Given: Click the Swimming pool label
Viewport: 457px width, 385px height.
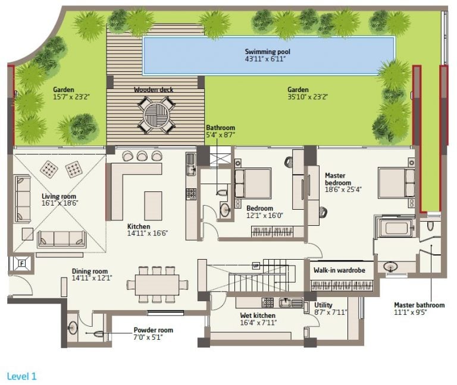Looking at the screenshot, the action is [x=268, y=52].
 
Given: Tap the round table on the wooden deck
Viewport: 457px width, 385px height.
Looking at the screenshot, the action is [x=156, y=115].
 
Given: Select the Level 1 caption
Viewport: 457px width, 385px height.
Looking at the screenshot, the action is [x=22, y=376].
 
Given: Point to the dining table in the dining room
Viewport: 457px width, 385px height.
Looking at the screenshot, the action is [x=157, y=285].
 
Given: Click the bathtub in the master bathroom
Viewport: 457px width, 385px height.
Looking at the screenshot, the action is [x=396, y=228].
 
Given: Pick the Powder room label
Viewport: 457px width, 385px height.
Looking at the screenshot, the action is [x=154, y=330].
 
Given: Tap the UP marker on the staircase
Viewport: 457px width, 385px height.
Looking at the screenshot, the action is [x=256, y=266].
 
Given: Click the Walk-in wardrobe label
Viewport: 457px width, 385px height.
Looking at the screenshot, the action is [x=339, y=270].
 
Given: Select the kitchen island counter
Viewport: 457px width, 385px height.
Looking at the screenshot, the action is [x=153, y=206].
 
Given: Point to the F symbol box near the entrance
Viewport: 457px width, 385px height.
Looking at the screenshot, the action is [x=22, y=264].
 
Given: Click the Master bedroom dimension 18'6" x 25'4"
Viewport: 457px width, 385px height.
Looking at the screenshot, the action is [x=343, y=190].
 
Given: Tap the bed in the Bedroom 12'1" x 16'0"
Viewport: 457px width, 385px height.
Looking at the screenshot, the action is [x=253, y=183].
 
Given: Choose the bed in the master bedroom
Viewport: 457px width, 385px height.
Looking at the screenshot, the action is [x=396, y=183].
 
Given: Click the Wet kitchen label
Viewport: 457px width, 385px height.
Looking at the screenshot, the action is [x=258, y=315].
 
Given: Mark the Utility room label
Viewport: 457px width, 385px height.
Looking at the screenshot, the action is [x=323, y=305].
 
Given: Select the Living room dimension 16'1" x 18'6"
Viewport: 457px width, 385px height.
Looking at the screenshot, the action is [x=60, y=203].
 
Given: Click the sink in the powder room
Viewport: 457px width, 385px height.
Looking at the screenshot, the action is [x=73, y=328].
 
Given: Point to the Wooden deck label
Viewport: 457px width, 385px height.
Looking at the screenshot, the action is [x=154, y=90].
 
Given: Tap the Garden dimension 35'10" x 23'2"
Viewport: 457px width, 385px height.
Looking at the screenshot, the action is [x=308, y=97].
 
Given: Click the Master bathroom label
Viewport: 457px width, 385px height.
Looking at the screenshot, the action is [x=420, y=305].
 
